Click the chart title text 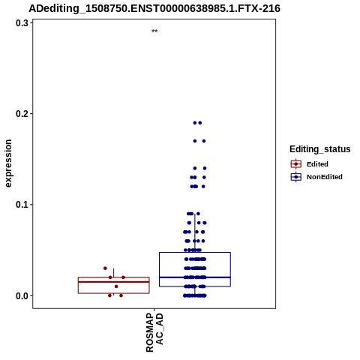[x=154, y=9]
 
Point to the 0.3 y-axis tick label [x=22, y=23]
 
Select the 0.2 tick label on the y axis [x=22, y=114]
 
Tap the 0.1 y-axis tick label [x=22, y=205]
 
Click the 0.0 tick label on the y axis [x=22, y=295]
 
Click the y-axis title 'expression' [x=8, y=163]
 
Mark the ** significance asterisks [x=154, y=31]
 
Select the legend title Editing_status [x=320, y=149]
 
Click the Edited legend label [x=317, y=164]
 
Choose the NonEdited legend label [x=325, y=177]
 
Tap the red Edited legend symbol [x=296, y=164]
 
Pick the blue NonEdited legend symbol [x=296, y=177]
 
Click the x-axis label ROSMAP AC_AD [x=154, y=332]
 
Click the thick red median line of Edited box [x=114, y=282]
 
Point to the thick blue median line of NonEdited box [x=195, y=277]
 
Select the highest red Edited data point [x=105, y=268]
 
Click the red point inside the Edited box [x=116, y=286]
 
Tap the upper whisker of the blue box [x=195, y=233]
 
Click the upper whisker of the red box [x=114, y=273]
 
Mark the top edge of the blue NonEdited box [x=195, y=253]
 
